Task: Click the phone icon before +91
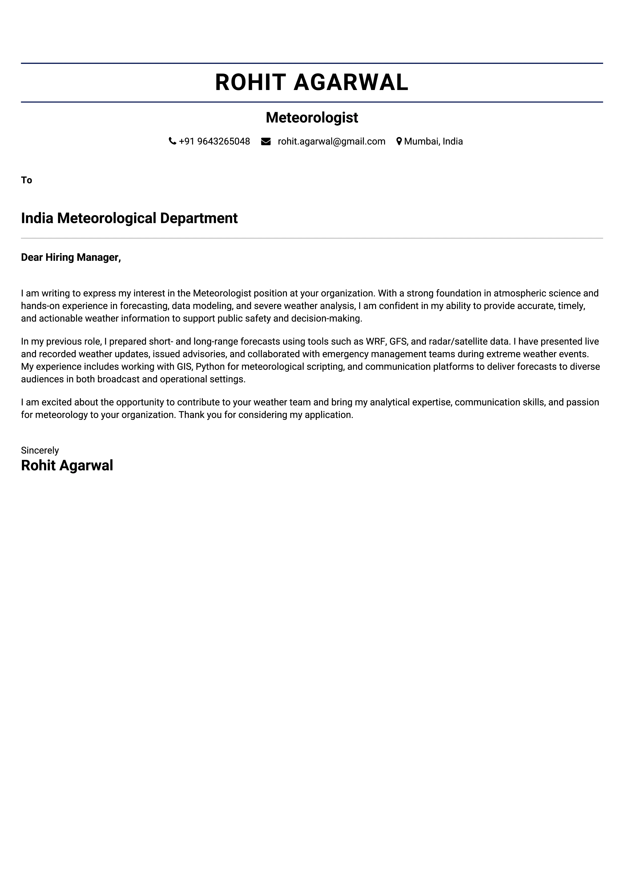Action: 172,141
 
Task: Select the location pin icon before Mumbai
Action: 399,141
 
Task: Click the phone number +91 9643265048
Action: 214,141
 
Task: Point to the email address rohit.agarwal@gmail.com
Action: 332,141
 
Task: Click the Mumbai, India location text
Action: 433,141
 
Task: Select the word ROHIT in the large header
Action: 250,82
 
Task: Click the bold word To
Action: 26,180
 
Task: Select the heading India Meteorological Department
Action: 129,218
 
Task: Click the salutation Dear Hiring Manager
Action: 71,257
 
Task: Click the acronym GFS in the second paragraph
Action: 398,341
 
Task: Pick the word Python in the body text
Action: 210,367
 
